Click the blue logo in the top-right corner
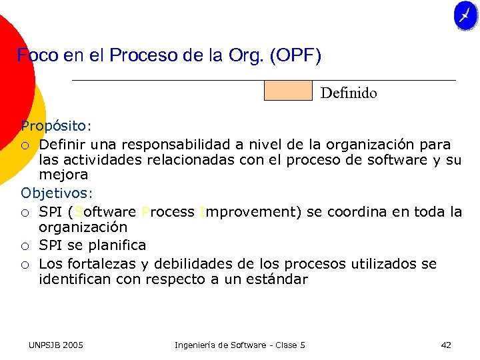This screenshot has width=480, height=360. point(465,15)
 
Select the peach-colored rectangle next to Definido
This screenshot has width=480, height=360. point(288,90)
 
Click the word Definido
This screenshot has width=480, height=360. point(348,93)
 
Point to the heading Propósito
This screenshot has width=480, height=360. point(54,126)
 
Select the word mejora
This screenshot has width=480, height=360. point(63,175)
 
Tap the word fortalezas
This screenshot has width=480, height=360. point(97,263)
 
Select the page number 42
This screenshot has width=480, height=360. point(446,345)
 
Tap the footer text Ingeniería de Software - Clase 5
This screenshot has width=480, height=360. point(239,345)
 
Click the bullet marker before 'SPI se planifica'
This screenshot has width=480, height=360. point(25,246)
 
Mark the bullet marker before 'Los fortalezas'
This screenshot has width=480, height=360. point(25,264)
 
